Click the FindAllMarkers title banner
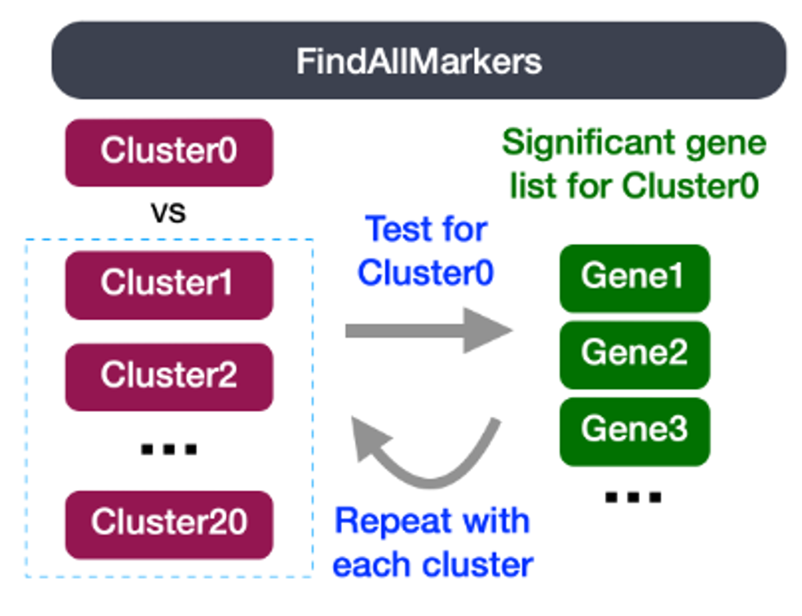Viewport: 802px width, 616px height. click(419, 60)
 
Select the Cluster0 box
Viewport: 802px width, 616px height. click(169, 152)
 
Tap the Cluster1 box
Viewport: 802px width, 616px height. click(169, 285)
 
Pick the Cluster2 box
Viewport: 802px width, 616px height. click(169, 377)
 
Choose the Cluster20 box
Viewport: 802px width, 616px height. click(169, 525)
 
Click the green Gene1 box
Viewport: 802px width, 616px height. click(635, 278)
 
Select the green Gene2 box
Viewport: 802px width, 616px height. click(635, 355)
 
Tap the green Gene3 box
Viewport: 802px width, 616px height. click(635, 432)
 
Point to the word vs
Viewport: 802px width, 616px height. click(168, 213)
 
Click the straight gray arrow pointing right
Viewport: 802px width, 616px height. click(429, 330)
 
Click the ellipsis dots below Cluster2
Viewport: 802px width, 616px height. click(169, 449)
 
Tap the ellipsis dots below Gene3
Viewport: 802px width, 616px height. click(633, 497)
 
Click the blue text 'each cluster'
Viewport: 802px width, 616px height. click(433, 565)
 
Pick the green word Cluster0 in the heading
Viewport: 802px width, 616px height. click(690, 186)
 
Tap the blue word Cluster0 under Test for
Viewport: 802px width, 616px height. click(425, 273)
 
